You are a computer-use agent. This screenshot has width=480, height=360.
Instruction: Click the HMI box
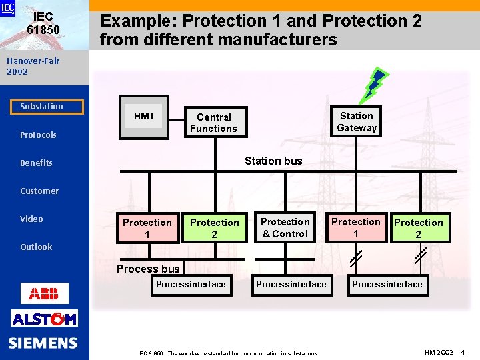point(143,117)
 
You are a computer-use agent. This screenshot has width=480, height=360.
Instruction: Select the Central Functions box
point(213,123)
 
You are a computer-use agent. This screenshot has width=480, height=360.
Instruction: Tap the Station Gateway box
point(357,122)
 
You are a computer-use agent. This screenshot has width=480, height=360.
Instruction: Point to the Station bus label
point(273,161)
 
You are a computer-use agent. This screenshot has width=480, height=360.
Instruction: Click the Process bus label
point(148,269)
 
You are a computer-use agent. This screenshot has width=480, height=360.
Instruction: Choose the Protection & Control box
point(285,227)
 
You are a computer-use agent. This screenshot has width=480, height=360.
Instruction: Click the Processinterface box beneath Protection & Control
point(291,285)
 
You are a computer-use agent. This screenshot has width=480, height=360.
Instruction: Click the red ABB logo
point(44,293)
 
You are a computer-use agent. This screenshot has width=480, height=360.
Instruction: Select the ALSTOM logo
point(44,319)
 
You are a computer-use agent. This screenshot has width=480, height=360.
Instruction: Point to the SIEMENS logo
point(43,343)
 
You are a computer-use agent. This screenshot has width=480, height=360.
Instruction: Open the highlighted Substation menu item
point(42,107)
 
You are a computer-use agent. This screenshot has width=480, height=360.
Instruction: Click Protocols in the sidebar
point(38,135)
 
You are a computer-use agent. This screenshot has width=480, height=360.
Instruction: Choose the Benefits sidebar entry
point(36,163)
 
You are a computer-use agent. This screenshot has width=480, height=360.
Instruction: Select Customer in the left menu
point(39,191)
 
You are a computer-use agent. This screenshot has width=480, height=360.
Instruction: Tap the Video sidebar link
point(31,219)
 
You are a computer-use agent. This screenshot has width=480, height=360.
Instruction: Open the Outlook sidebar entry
point(36,247)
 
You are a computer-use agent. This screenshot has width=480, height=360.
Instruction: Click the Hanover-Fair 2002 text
point(33,66)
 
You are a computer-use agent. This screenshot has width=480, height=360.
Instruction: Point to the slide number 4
point(463,351)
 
